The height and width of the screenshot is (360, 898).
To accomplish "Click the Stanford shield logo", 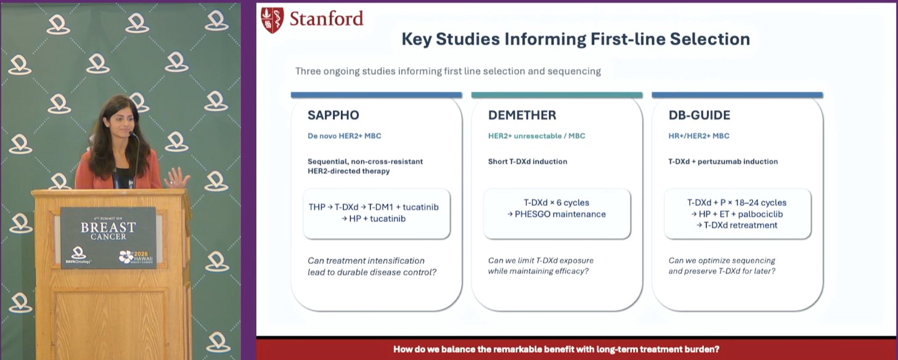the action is point(272,20).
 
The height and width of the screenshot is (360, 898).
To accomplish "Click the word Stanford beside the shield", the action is point(326,19).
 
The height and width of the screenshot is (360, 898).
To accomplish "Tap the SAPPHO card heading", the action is point(333,115).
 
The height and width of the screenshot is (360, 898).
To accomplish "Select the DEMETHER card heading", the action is point(522,115).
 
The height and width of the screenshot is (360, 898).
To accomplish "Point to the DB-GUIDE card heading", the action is point(699,115).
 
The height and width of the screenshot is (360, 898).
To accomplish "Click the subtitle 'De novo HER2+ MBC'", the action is point(344,136).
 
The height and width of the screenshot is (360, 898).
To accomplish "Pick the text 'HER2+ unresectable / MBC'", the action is point(536,136).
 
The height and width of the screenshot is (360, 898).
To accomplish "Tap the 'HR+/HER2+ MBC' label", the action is point(698,136).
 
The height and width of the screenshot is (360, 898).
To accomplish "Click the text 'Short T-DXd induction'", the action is point(528,162).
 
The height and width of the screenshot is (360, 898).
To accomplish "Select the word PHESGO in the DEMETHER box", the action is point(532,214).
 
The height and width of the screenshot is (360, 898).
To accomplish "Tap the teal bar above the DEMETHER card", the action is point(557,95).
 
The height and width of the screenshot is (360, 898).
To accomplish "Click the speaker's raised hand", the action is point(176,178).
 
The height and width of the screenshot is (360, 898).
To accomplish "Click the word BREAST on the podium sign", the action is point(108,227).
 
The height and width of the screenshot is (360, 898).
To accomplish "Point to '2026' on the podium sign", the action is point(141,254).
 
